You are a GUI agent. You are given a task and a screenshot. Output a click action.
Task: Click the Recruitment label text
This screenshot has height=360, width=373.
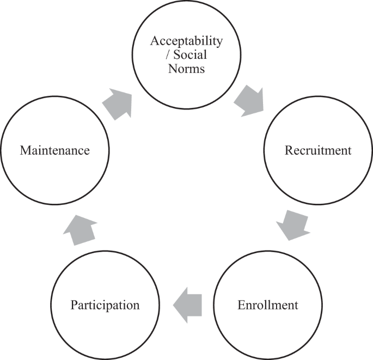[x=319, y=150]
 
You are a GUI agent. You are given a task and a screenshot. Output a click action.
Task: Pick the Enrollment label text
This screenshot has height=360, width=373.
[x=268, y=304]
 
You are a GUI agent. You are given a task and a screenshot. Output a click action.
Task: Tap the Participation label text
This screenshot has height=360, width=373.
[x=105, y=304]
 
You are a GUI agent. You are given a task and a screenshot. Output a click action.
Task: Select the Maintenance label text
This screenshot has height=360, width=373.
[x=54, y=150]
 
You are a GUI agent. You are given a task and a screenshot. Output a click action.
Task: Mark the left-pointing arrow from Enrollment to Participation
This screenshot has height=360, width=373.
[x=187, y=304]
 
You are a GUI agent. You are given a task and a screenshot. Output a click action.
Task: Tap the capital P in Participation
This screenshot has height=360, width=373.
[x=74, y=304]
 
